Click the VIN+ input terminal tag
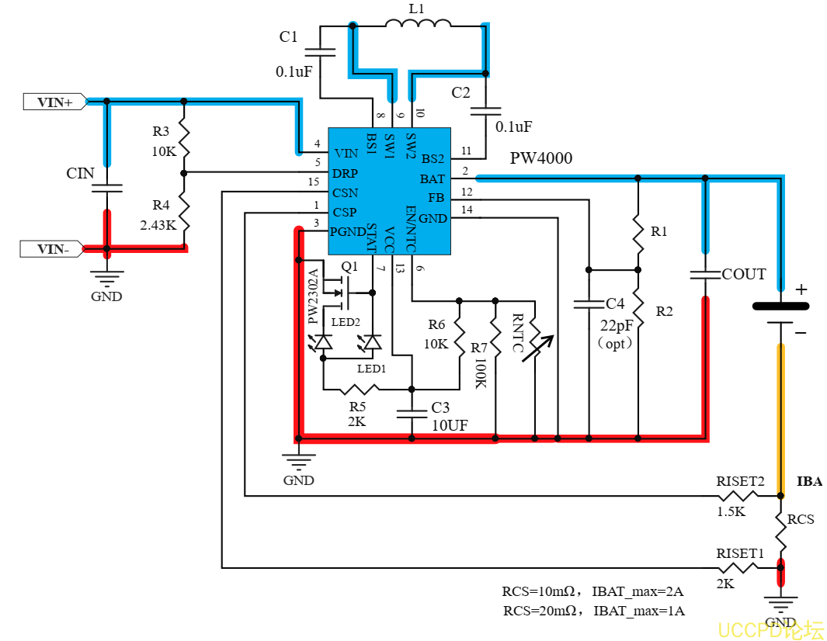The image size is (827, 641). click(x=55, y=102)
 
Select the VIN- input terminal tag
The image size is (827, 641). click(x=52, y=249)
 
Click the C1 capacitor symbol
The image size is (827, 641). click(x=320, y=52)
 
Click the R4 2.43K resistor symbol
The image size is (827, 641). click(x=183, y=212)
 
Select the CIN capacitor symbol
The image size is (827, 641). click(x=107, y=189)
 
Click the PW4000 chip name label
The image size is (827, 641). click(x=540, y=158)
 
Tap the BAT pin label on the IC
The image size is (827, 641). click(x=432, y=179)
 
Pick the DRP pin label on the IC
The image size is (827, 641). click(x=345, y=173)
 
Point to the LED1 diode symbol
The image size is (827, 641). click(x=373, y=343)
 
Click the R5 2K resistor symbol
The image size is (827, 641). click(x=359, y=390)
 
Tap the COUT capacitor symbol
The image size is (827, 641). click(x=705, y=275)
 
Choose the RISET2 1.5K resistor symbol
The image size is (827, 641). click(x=738, y=496)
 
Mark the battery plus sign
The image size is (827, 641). click(x=801, y=289)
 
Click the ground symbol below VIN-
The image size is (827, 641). click(x=107, y=279)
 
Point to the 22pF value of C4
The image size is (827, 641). click(x=616, y=325)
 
